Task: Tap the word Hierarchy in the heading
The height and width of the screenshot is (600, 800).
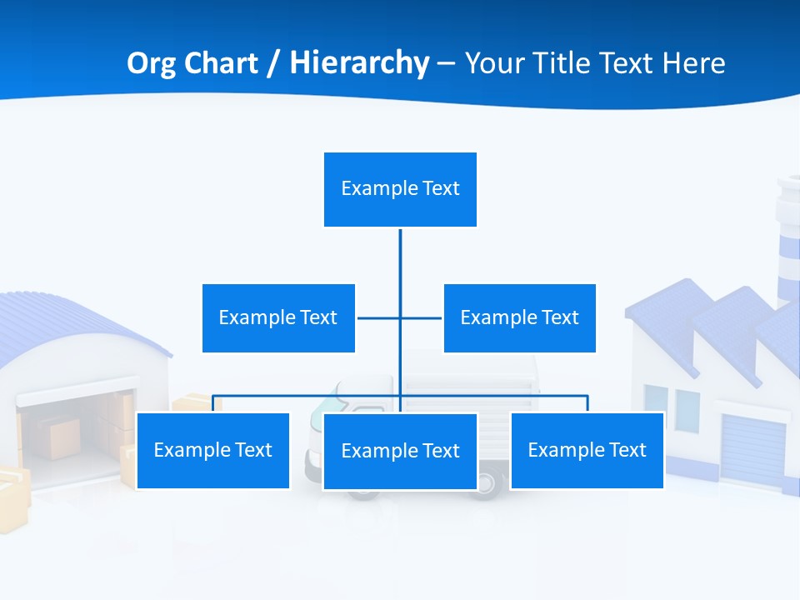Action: (359, 63)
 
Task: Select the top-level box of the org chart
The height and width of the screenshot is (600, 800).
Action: (400, 189)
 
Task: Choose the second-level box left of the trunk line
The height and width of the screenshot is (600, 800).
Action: (278, 317)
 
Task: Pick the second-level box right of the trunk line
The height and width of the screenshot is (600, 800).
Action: (519, 317)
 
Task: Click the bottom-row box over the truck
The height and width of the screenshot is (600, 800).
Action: (400, 451)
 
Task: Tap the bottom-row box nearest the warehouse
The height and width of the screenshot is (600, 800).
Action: (212, 450)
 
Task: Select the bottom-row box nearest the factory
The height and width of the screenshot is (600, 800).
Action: (587, 450)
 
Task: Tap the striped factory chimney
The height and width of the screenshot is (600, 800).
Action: (787, 242)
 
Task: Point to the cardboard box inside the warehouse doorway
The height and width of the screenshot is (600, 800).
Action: (62, 437)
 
